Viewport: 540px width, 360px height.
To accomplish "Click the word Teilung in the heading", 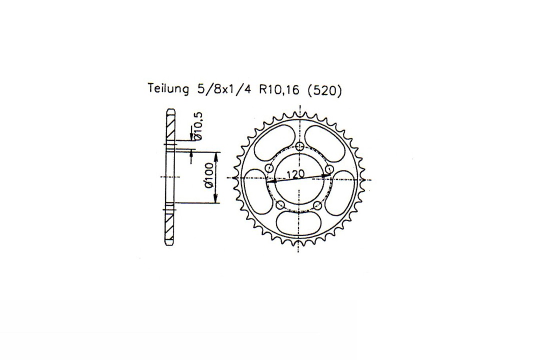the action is pyautogui.click(x=168, y=89).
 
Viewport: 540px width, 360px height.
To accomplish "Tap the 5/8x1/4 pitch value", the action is pyautogui.click(x=223, y=89).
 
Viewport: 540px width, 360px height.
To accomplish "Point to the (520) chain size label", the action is pyautogui.click(x=323, y=90).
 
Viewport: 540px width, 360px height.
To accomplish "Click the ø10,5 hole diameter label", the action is pyautogui.click(x=198, y=127).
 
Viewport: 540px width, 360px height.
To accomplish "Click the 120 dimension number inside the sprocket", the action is pyautogui.click(x=296, y=174).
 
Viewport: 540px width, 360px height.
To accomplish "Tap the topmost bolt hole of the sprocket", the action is pyautogui.click(x=300, y=145).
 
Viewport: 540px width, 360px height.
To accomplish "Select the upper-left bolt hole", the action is pyautogui.click(x=269, y=168).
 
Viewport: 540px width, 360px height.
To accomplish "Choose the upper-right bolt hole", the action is pyautogui.click(x=329, y=168).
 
